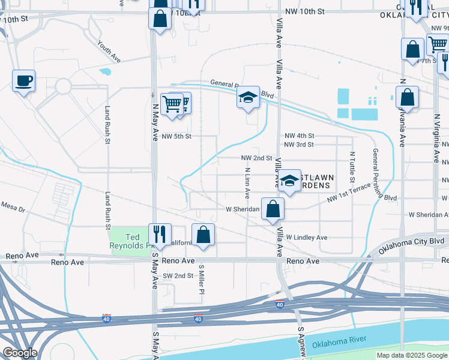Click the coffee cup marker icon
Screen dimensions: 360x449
23,80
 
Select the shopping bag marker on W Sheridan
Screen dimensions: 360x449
273,209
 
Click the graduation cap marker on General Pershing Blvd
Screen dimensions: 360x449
247,98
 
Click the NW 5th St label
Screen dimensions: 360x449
176,136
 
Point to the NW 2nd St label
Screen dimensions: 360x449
256,158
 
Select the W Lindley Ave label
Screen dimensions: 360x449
306,238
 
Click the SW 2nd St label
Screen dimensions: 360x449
178,275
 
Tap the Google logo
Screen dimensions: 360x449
20,353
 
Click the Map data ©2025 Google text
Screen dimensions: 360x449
412,355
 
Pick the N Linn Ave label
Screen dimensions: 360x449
247,183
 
